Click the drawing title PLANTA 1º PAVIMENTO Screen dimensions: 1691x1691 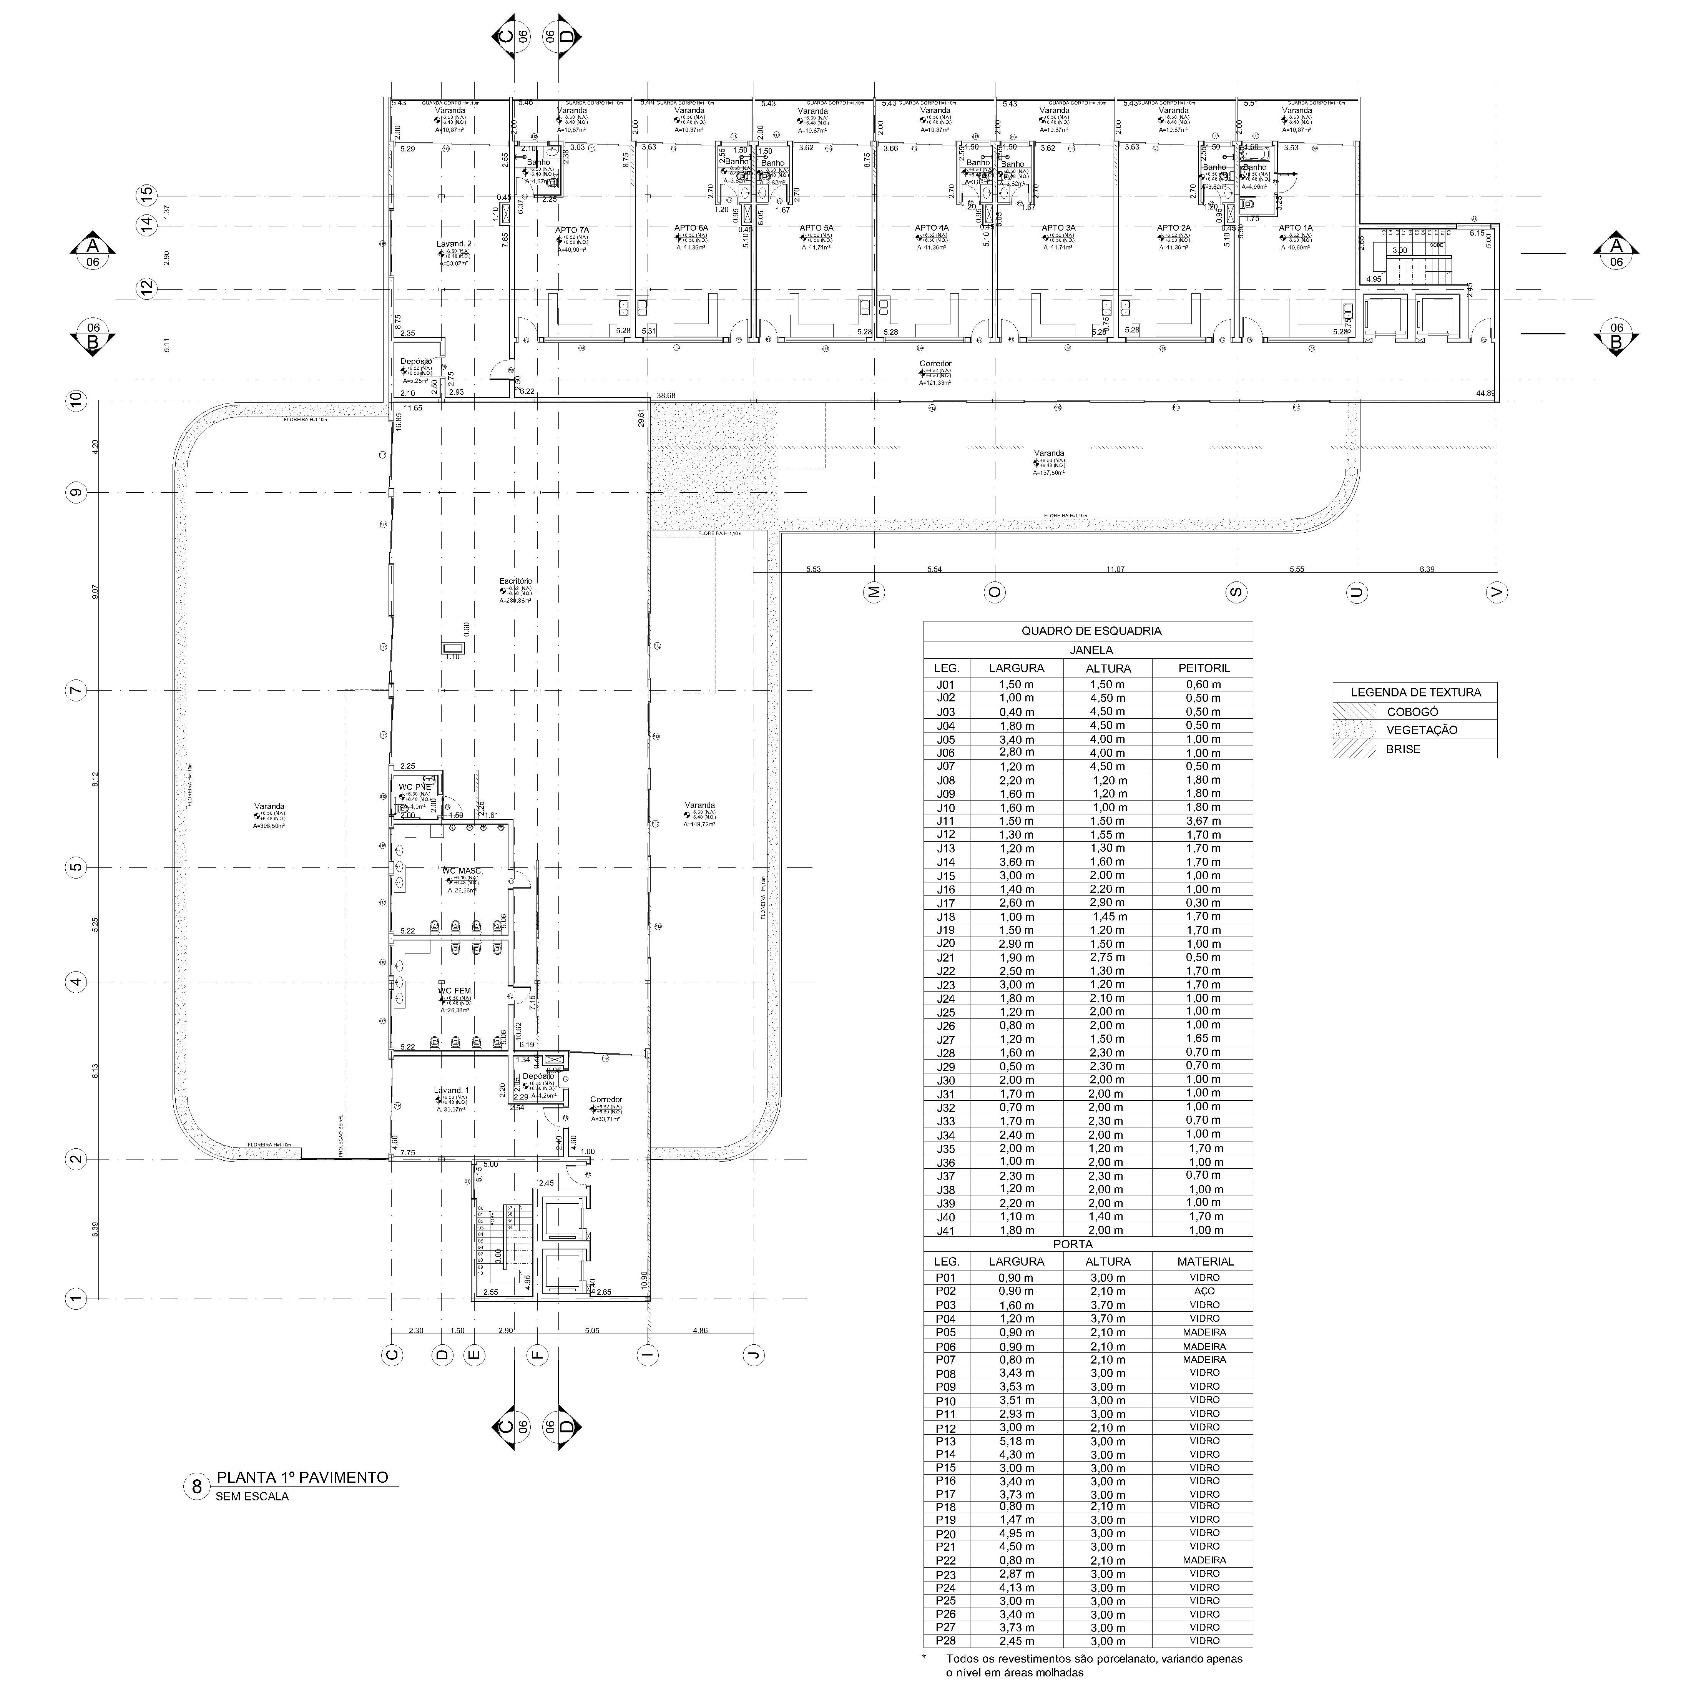[302, 1477]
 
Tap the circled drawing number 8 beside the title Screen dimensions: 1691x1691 [197, 1487]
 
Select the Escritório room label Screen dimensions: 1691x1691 [515, 581]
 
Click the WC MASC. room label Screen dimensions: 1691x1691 [462, 871]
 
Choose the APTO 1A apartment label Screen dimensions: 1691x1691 [1296, 228]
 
